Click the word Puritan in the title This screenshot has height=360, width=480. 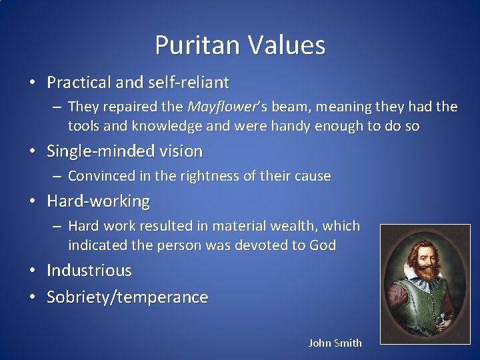pos(198,45)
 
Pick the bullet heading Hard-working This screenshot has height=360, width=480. pos(98,201)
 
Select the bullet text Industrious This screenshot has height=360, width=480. pos(89,270)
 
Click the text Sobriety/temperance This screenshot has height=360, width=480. pos(127,297)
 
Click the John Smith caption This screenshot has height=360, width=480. pos(335,343)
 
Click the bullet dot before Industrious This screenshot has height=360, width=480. pos(32,271)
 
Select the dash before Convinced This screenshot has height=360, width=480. pos(59,176)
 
